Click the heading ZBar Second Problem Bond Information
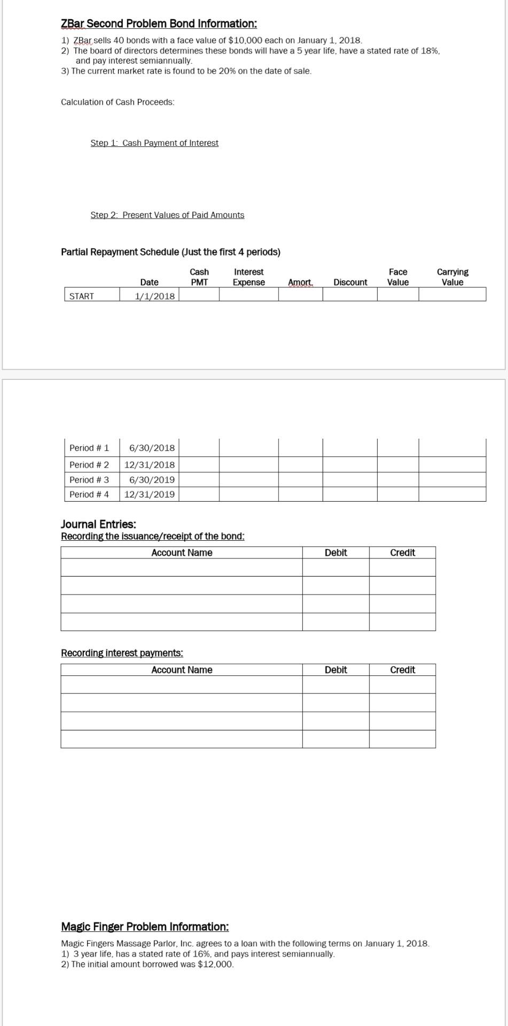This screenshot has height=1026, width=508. pos(159,24)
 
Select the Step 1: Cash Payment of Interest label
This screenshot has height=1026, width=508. pos(154,143)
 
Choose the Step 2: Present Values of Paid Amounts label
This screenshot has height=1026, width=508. pos(167,215)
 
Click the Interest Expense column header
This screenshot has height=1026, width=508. pos(248,277)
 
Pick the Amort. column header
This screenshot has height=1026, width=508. pos(300,282)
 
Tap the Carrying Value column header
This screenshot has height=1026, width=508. pos(452,277)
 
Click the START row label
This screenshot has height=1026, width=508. pos(82,296)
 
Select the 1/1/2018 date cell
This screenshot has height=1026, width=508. pos(154,296)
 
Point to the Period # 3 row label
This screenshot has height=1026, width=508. pos(89,480)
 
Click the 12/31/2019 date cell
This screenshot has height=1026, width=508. pos(149,494)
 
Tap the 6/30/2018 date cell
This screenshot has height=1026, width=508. pos(152,448)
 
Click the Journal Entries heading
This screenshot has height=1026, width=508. pos(98,524)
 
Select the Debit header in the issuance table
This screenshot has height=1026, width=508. pos(335,553)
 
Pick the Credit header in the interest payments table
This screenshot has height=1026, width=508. pos(402,670)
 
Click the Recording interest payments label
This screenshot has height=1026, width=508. pos(122,653)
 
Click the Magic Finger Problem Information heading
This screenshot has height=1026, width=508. pos(145,927)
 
